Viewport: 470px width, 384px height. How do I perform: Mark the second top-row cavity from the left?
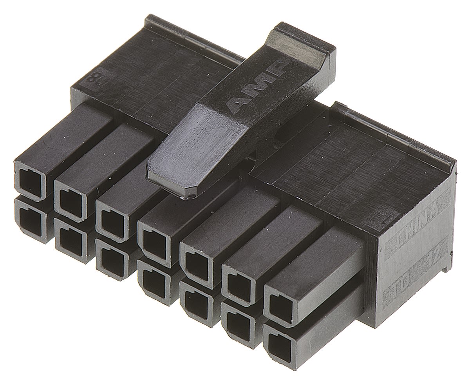pyautogui.click(x=70, y=200)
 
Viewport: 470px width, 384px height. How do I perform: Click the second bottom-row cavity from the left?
pyautogui.click(x=70, y=242)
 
